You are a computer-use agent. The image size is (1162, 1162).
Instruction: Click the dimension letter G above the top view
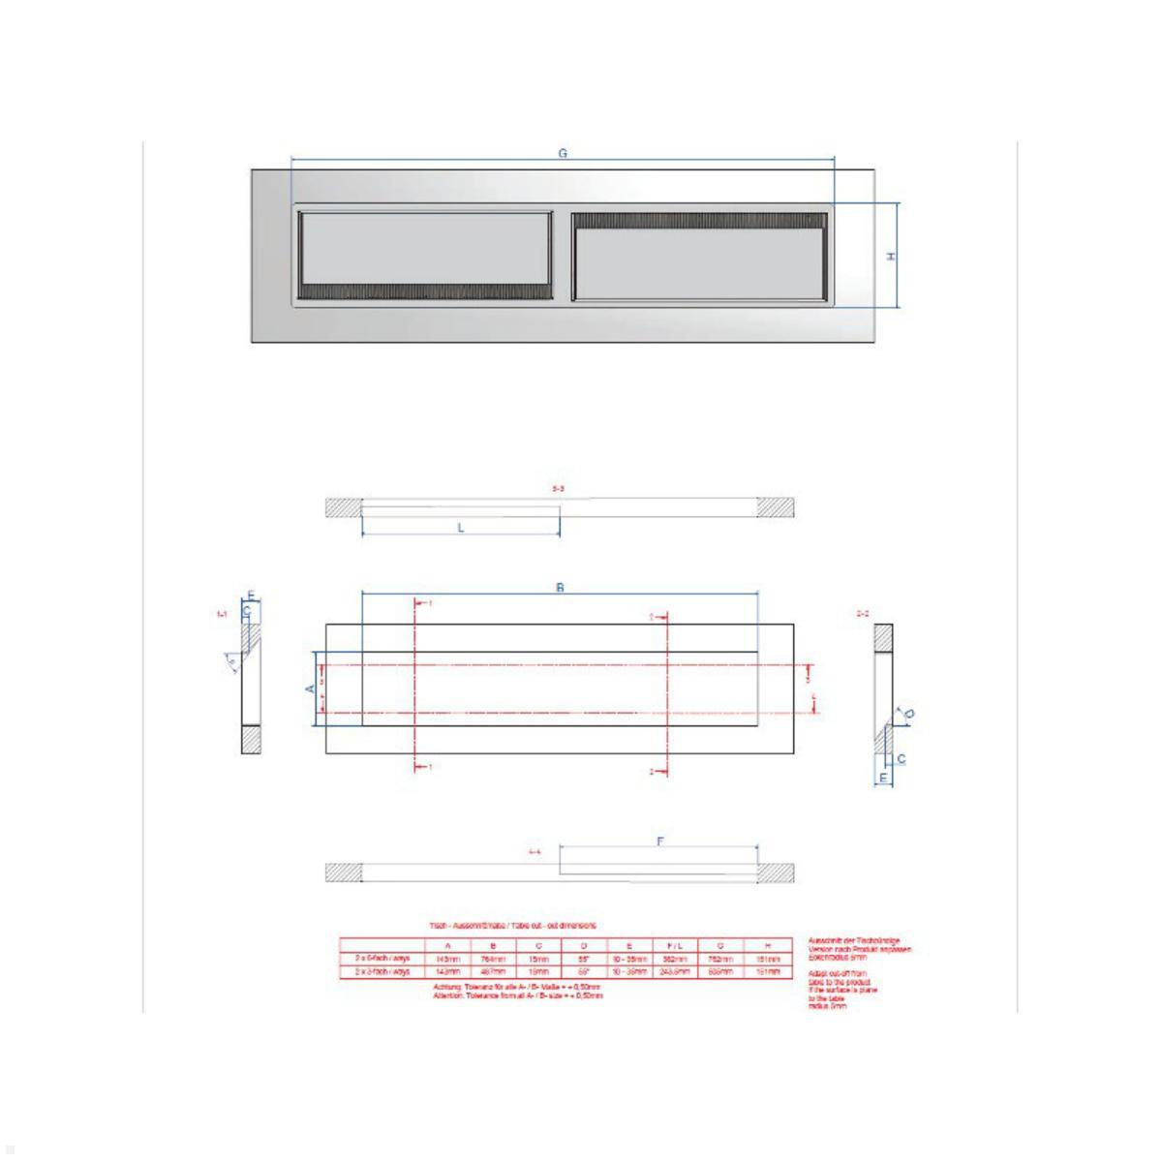tap(563, 153)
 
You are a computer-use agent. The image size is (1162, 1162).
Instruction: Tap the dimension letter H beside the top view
tap(891, 256)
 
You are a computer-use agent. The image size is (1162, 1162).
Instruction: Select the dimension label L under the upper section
tap(461, 528)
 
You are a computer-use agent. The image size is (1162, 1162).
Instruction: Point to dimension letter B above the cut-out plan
tap(560, 588)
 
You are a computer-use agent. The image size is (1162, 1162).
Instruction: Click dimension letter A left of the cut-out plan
tap(310, 688)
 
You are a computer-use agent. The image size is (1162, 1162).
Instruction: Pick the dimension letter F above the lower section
tap(659, 842)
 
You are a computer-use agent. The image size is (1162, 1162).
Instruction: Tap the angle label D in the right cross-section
tap(909, 715)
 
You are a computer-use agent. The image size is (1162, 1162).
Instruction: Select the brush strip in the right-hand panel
tap(699, 222)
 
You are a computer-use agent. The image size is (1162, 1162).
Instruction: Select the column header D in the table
tap(584, 945)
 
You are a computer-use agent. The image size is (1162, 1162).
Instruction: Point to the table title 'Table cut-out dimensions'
tap(513, 926)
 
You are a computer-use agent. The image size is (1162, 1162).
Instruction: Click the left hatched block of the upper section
tap(343, 507)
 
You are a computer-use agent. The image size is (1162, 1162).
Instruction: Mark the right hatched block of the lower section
tap(776, 872)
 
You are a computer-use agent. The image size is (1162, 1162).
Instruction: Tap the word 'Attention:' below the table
tap(451, 994)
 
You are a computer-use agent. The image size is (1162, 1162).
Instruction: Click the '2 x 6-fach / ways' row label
tap(382, 958)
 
